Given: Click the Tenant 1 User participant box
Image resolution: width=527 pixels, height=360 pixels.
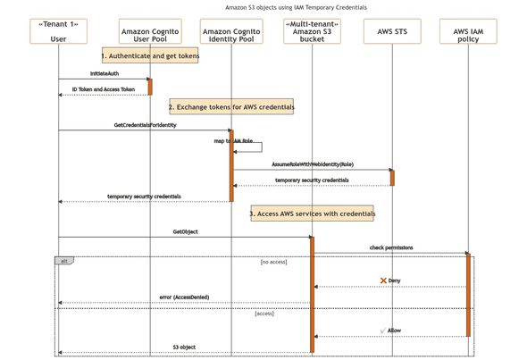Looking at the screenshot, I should [x=58, y=31].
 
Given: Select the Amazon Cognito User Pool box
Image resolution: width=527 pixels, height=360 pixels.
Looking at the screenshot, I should [x=150, y=31].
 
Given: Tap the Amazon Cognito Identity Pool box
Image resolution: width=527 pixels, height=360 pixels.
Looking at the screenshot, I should [x=231, y=31].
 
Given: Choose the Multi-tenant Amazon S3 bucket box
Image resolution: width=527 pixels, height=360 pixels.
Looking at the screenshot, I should [x=312, y=31].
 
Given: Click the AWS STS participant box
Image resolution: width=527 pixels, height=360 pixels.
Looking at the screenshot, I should [x=392, y=31].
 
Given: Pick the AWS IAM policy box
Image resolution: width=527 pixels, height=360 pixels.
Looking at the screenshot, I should [x=468, y=31].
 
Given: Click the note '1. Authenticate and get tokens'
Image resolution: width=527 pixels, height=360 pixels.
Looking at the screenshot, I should [x=150, y=56].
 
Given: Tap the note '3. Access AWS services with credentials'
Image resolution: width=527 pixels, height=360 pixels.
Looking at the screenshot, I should [x=312, y=213].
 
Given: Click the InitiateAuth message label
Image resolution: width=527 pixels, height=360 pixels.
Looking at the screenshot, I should [x=105, y=73].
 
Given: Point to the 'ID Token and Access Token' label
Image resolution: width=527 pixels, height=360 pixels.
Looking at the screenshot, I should [x=104, y=89].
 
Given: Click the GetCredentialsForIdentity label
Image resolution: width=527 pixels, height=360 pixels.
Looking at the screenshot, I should [x=145, y=125].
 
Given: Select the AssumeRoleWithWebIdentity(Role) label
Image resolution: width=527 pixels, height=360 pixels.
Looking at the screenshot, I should [x=313, y=164].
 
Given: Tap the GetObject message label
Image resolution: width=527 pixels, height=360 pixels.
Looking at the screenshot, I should [x=185, y=231].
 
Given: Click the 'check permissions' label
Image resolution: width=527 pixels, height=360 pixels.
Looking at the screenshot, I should [x=391, y=247].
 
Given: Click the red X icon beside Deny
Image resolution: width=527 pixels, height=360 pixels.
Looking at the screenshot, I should [x=383, y=280].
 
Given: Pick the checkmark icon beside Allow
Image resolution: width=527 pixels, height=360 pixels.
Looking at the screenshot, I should [x=382, y=331].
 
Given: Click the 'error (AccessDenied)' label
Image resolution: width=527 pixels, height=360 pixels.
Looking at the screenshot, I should [x=184, y=297].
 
